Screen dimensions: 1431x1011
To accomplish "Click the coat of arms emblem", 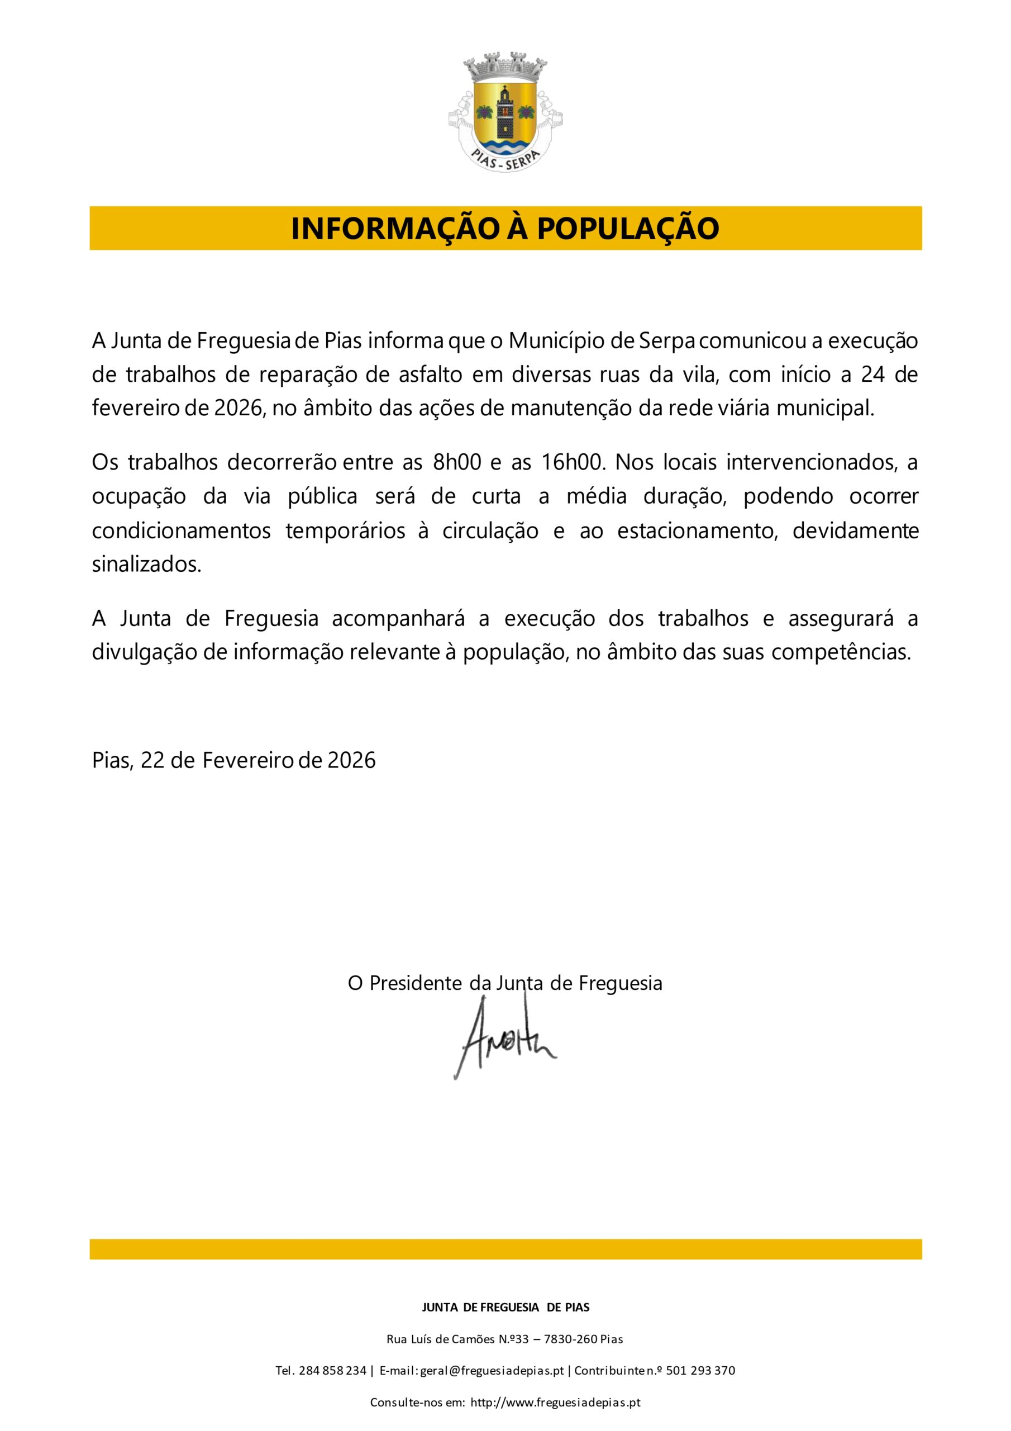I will point(504,110).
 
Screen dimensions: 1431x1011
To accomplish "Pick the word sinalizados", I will point(147,564).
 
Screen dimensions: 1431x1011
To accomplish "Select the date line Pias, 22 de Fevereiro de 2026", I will point(233,760).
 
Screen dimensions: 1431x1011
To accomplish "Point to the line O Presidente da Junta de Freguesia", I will point(504,983).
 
